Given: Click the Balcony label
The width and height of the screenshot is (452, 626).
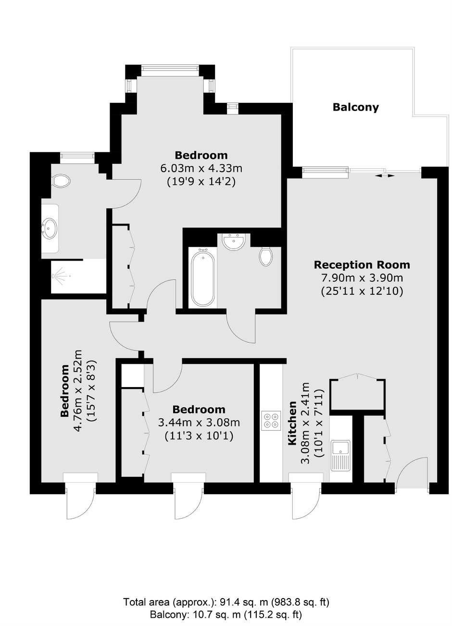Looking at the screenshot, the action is pyautogui.click(x=355, y=107).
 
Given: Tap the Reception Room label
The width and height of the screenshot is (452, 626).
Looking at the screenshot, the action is pyautogui.click(x=362, y=264).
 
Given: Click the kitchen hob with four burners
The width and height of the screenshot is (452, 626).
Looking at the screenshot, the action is pyautogui.click(x=271, y=421).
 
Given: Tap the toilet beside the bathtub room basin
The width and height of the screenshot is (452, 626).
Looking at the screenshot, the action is pyautogui.click(x=266, y=256).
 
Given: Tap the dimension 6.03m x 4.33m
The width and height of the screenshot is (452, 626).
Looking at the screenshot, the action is pyautogui.click(x=201, y=168).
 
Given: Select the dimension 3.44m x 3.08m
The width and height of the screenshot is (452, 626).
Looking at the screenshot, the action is pyautogui.click(x=199, y=423).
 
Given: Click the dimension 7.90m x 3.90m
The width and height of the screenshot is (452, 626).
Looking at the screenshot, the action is pyautogui.click(x=362, y=278).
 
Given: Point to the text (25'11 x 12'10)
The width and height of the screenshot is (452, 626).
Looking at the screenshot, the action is pyautogui.click(x=362, y=291).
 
